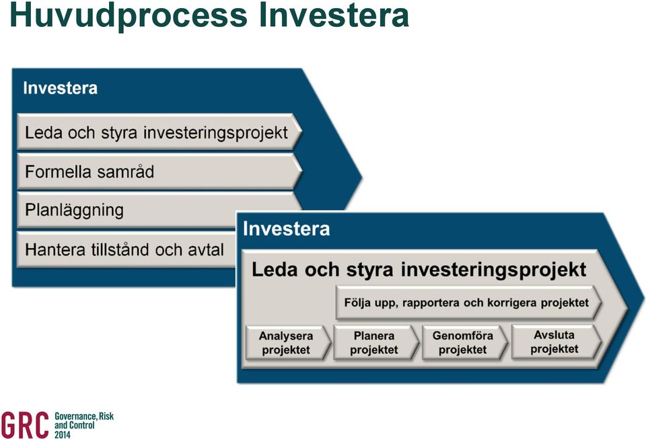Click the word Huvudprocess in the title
point(128,15)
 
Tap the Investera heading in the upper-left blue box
point(60,88)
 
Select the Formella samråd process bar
point(159,171)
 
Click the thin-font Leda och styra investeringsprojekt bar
point(159,132)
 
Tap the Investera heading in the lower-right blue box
point(287,229)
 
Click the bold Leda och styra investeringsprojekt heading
point(419,270)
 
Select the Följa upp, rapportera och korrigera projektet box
point(468,303)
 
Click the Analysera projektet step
point(288,343)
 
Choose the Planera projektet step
point(375,343)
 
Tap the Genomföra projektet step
point(464,343)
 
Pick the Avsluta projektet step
point(556,342)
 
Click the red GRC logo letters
point(25,425)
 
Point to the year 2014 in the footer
point(62,434)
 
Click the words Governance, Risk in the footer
point(84,416)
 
